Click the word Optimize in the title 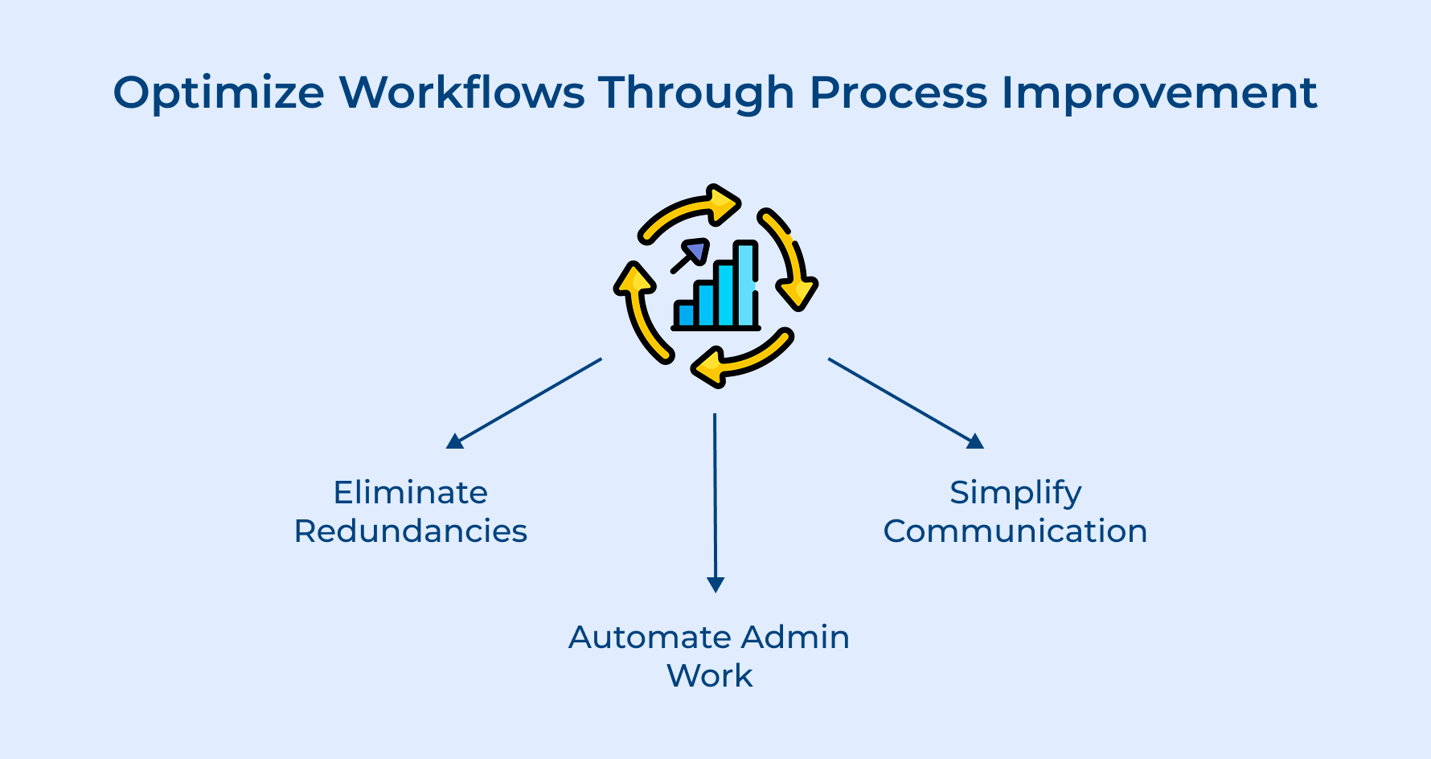[x=218, y=93]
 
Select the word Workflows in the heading [x=461, y=92]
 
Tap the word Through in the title [x=696, y=93]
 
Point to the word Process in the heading [x=898, y=92]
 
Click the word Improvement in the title [x=1158, y=93]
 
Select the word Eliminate [x=410, y=492]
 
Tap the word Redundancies [x=410, y=531]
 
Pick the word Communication [x=1015, y=531]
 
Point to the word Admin [x=795, y=637]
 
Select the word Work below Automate [x=710, y=675]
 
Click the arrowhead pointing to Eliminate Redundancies [x=455, y=441]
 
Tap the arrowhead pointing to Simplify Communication [x=975, y=441]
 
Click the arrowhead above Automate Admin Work [x=715, y=585]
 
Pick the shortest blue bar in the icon [x=685, y=314]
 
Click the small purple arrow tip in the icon [x=696, y=250]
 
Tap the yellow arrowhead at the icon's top [x=721, y=203]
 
